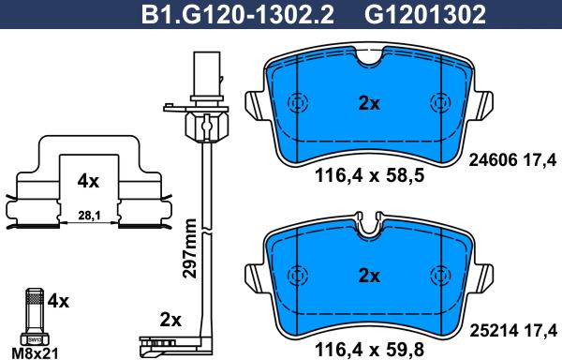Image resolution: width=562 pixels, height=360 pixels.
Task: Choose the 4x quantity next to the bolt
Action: [x=58, y=302]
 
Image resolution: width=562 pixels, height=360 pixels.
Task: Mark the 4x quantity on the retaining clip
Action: [x=87, y=179]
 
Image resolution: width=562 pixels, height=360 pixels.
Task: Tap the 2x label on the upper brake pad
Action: [x=369, y=104]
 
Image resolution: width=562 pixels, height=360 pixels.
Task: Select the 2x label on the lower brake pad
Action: [x=369, y=276]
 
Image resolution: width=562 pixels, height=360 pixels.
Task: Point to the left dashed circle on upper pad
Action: [x=299, y=103]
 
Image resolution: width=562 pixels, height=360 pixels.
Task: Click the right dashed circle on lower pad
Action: [x=439, y=275]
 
